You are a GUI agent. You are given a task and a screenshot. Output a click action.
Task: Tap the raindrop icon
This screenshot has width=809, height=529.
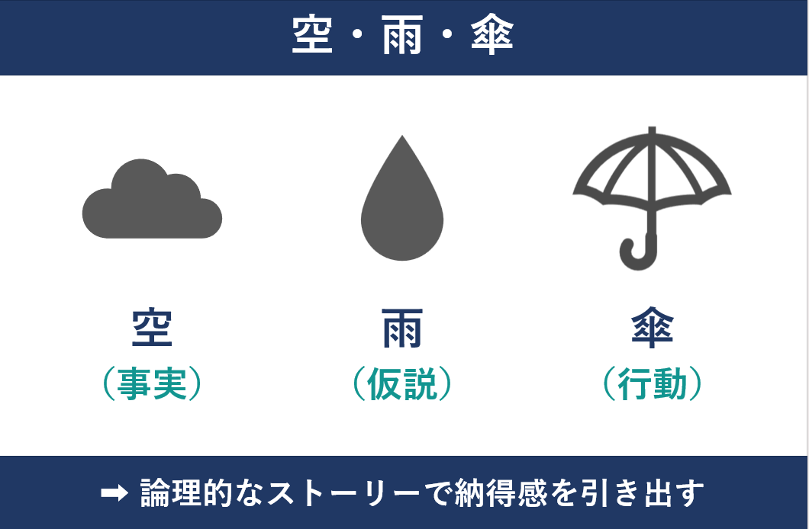[x=402, y=206]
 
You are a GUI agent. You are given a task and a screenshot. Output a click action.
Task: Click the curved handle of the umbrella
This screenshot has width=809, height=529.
[x=640, y=253]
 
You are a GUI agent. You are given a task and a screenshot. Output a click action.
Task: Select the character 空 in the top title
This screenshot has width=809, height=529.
[x=312, y=34]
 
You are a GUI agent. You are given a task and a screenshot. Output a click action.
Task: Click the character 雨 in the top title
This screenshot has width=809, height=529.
[x=402, y=34]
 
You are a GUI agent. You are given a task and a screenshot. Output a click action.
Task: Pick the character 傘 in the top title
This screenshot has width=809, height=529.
[x=492, y=34]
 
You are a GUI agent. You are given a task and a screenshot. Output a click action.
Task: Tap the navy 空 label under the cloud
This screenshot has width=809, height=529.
[x=152, y=328]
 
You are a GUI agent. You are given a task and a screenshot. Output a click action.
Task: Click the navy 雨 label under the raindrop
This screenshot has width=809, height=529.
[x=402, y=328]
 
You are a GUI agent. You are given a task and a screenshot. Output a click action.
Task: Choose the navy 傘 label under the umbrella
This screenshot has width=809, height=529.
[x=652, y=328]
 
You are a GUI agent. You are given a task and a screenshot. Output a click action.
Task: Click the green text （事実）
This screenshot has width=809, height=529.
[x=152, y=383]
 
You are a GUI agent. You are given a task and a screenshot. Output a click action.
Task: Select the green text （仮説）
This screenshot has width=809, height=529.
[x=402, y=383]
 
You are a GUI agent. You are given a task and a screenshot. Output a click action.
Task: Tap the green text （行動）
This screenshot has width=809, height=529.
[x=653, y=383]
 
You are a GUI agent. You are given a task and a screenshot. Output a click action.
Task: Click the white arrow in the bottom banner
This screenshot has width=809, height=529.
[x=114, y=493]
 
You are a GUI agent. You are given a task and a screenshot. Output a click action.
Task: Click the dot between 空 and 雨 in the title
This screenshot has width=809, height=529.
[x=357, y=34]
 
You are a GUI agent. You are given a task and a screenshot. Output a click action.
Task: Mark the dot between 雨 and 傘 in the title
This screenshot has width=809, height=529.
[x=447, y=34]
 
